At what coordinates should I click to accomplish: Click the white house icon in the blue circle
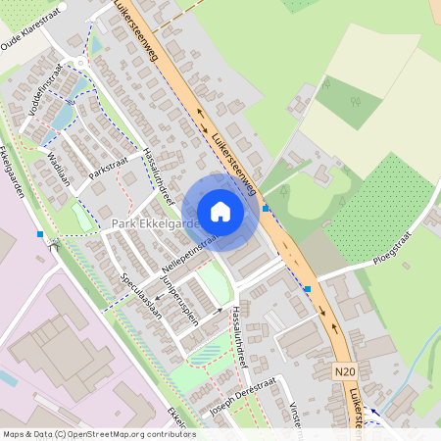220,212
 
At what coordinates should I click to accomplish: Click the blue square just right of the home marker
266,208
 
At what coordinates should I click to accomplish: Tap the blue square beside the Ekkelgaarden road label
40,234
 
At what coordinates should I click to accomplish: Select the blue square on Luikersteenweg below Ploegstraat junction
308,288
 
